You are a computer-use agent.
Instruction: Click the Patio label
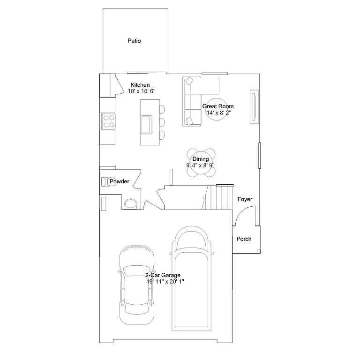[x=135, y=41]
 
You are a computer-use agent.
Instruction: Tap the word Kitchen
[x=140, y=85]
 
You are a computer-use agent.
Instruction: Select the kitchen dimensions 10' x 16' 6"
[x=141, y=91]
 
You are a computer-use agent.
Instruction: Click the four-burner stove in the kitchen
[x=109, y=121]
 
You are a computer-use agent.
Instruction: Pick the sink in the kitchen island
[x=146, y=124]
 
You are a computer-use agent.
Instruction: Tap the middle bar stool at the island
[x=162, y=122]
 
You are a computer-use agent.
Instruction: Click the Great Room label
[x=217, y=106]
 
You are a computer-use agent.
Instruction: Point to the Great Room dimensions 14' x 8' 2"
[x=217, y=112]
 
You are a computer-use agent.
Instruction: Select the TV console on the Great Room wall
[x=254, y=107]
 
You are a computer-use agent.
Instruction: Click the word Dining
[x=200, y=159]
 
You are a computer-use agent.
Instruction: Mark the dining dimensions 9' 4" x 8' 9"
[x=200, y=165]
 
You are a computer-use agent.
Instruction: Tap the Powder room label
[x=119, y=181]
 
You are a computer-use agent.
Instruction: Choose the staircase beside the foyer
[x=220, y=197]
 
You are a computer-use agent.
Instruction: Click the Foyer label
[x=245, y=199]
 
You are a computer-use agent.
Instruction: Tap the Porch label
[x=244, y=239]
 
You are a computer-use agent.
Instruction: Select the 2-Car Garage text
[x=163, y=275]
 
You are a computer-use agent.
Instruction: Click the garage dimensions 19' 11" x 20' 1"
[x=165, y=282]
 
